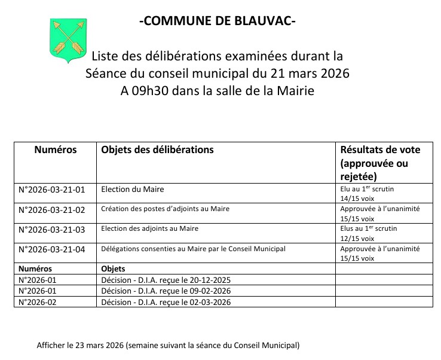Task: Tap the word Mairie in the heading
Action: tap(293, 91)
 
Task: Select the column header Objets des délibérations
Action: tap(157, 150)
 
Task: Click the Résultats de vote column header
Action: tap(379, 150)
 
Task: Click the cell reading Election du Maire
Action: tap(133, 190)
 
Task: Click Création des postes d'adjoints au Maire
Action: tap(166, 209)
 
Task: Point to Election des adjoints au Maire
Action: tap(149, 229)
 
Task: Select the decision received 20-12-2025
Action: tap(166, 280)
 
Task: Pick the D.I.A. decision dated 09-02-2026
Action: tap(166, 291)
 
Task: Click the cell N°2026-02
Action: tap(39, 302)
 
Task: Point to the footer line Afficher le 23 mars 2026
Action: tap(168, 346)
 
